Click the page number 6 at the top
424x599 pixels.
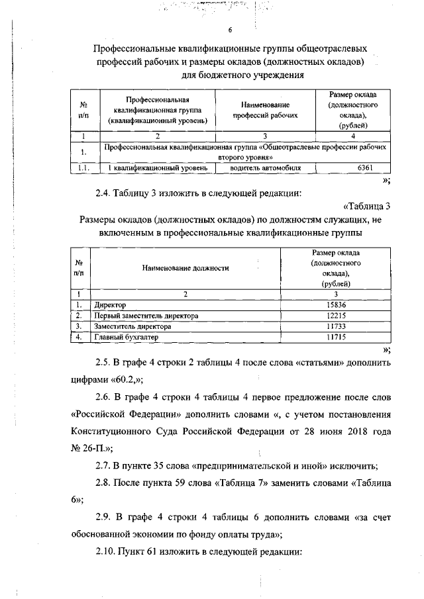pyautogui.click(x=229, y=30)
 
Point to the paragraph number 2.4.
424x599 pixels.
pyautogui.click(x=105, y=193)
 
